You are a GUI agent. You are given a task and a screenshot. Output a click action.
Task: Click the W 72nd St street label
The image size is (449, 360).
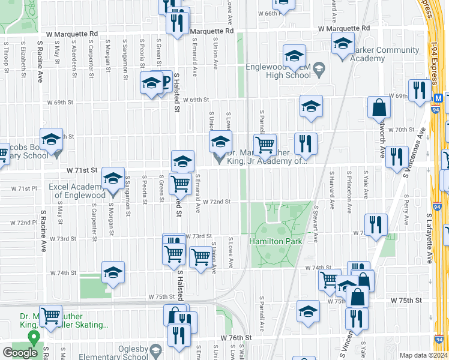(x=217, y=202)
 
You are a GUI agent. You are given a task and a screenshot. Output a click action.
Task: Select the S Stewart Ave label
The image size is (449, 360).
(x=316, y=224)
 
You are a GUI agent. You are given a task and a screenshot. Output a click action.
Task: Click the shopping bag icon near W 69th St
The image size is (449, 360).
(x=379, y=107)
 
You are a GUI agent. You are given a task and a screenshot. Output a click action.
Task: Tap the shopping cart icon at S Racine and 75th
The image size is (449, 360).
(x=50, y=314)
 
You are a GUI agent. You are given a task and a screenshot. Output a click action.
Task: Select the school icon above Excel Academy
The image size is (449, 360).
(x=112, y=178)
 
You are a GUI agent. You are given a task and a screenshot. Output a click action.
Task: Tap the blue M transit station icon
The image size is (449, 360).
(x=439, y=98)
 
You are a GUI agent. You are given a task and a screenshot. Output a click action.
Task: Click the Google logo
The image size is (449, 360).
(x=20, y=353)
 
